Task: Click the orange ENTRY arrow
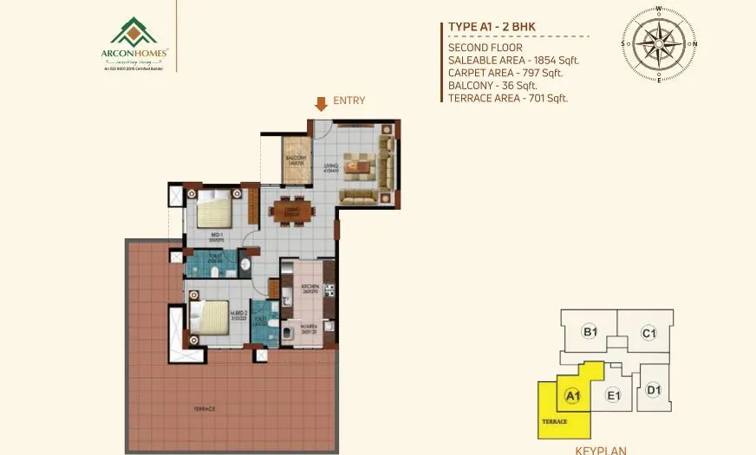pos(321,104)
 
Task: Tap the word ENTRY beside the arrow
pos(349,101)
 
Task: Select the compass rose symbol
pos(659,43)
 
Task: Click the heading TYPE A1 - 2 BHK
pos(492,27)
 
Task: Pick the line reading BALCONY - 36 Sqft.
pos(492,85)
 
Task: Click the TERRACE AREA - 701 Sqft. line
pos(507,98)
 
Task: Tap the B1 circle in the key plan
pos(590,332)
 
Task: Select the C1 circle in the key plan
pos(648,332)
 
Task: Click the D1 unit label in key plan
pos(654,390)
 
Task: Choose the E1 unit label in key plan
pos(614,396)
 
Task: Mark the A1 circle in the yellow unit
pos(571,396)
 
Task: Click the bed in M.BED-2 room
pos(208,315)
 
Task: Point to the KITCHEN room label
pos(311,286)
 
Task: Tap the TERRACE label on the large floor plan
pos(205,408)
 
